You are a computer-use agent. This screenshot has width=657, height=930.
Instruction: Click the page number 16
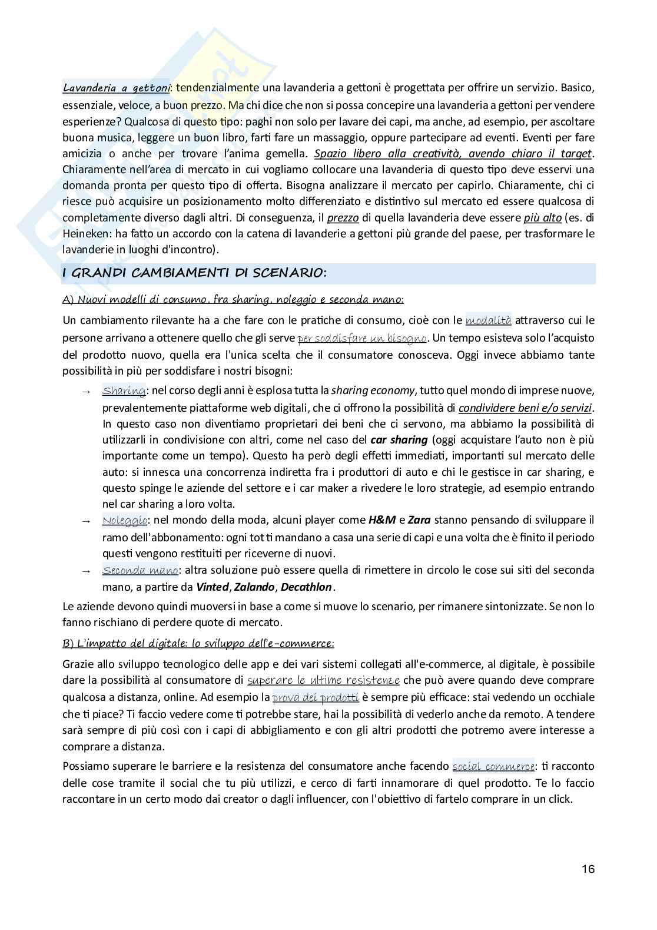pos(588,869)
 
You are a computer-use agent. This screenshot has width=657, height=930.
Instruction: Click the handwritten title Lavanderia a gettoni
pos(116,88)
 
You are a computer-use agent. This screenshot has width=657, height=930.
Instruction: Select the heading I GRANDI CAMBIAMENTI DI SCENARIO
pos(194,273)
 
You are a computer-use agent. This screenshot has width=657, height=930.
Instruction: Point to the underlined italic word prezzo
pos(343,218)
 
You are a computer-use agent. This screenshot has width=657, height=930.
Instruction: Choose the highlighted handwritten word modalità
pos(488,320)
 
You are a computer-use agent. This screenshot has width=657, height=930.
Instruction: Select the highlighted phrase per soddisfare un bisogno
pos(363,338)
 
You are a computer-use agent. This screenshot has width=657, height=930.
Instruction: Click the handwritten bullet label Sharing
pos(124,390)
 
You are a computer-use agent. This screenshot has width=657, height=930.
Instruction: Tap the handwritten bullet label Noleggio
pos(124,521)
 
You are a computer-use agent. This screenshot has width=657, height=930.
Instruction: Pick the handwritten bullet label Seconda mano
pos(140,570)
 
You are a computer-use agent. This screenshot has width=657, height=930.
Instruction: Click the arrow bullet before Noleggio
pos(86,521)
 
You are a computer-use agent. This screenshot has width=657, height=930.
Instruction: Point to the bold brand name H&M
pos(381,521)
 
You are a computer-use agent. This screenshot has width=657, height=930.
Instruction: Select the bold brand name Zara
pos(419,521)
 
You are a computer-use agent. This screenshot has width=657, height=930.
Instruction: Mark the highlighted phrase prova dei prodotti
pos(316,697)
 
